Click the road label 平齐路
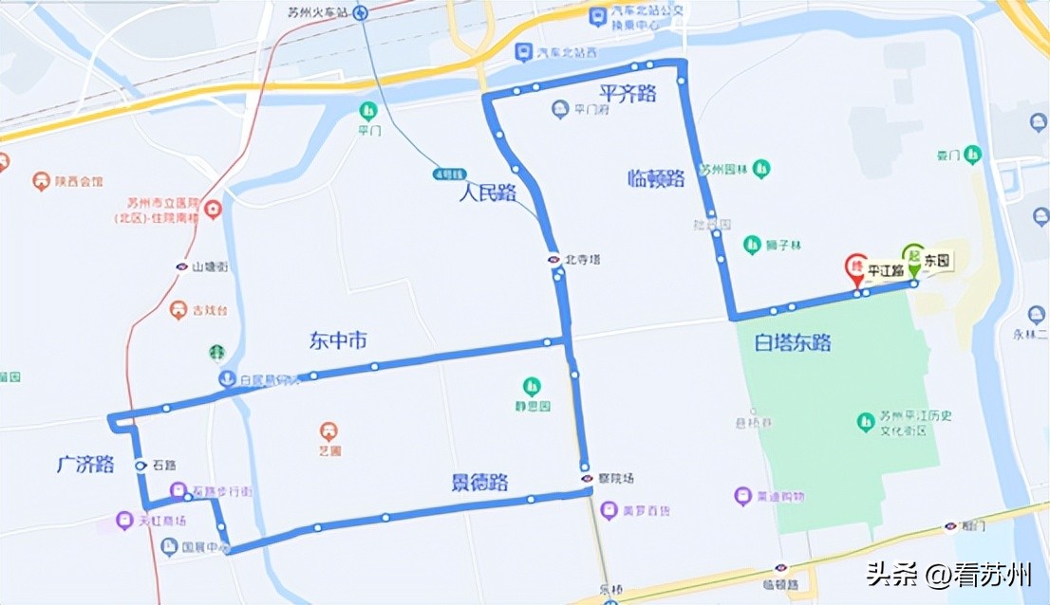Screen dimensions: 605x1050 [628, 92]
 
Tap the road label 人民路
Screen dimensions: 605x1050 [487, 193]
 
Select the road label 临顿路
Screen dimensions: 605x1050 [656, 178]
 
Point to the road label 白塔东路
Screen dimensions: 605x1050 [793, 341]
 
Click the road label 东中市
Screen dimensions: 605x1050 [338, 340]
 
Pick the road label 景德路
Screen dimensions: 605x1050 [479, 483]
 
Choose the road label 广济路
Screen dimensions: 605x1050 [84, 465]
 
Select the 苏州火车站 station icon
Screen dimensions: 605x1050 [361, 12]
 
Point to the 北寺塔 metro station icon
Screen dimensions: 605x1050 [553, 259]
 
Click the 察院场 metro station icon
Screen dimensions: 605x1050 [588, 478]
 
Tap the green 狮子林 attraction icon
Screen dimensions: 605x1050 [752, 245]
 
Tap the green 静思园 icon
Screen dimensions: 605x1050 [532, 387]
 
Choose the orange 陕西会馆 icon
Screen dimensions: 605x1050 [40, 180]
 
